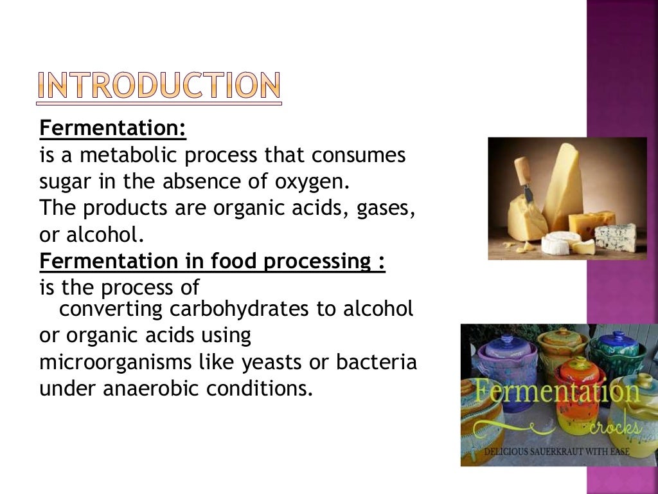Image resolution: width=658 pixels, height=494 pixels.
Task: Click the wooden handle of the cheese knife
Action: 524,170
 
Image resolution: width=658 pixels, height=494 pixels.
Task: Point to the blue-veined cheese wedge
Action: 614,235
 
